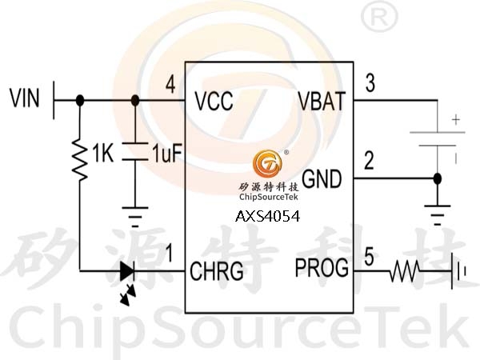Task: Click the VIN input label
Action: point(25,98)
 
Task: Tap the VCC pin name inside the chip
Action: point(214,101)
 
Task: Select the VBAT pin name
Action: point(322,101)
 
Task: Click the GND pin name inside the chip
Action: point(322,178)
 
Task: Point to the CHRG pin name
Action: point(217,271)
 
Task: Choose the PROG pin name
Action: point(322,268)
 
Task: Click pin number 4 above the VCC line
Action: point(170,85)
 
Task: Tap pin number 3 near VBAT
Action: point(370,83)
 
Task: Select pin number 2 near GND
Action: point(369,161)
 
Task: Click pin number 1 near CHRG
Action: point(169,253)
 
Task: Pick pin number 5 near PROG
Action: point(369,257)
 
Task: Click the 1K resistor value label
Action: point(103,153)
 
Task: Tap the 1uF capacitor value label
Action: point(167,153)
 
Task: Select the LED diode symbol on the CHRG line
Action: point(127,271)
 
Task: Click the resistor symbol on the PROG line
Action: point(404,271)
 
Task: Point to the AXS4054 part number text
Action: point(267,217)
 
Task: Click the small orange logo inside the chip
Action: point(267,163)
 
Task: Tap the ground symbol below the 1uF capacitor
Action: point(135,217)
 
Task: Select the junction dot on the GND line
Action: point(438,178)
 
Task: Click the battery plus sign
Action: point(456,120)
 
